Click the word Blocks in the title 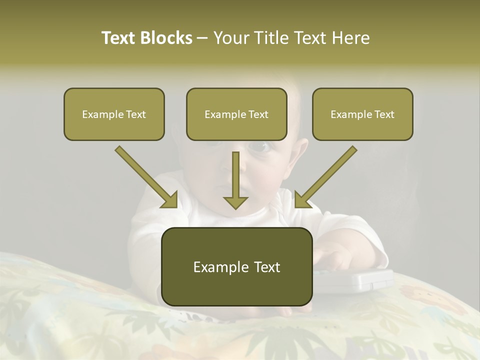click(165, 38)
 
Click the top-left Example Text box click(114, 114)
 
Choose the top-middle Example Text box click(236, 114)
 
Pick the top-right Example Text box click(362, 114)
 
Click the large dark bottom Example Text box click(237, 267)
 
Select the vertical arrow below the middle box click(235, 180)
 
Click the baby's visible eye click(259, 147)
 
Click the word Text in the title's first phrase click(120, 38)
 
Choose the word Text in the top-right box click(384, 114)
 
